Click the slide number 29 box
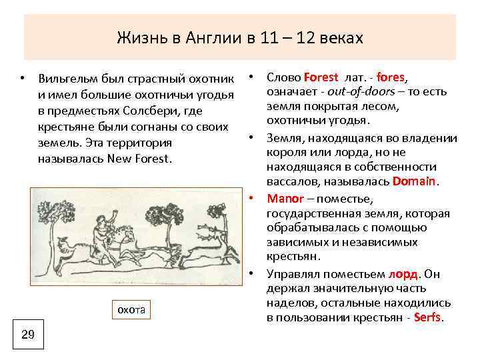coord(28,335)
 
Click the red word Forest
coord(321,77)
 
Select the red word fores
coord(390,77)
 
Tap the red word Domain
coord(415,181)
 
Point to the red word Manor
coord(285,199)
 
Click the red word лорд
coord(403,273)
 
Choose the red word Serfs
coord(427,317)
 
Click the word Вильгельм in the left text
coord(69,79)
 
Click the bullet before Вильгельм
coord(22,79)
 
